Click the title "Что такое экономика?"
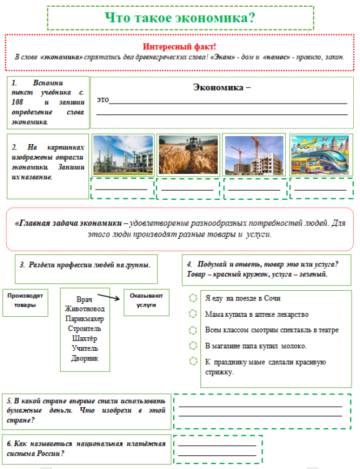180,18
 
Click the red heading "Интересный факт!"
179,46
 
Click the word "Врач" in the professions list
84,299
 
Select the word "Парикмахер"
84,319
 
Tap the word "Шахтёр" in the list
84,338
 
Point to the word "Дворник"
85,358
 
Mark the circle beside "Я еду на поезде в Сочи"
193,298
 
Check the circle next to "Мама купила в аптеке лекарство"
193,314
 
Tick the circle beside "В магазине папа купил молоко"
193,346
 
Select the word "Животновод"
84,309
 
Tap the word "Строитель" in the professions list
84,329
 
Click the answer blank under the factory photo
122,188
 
